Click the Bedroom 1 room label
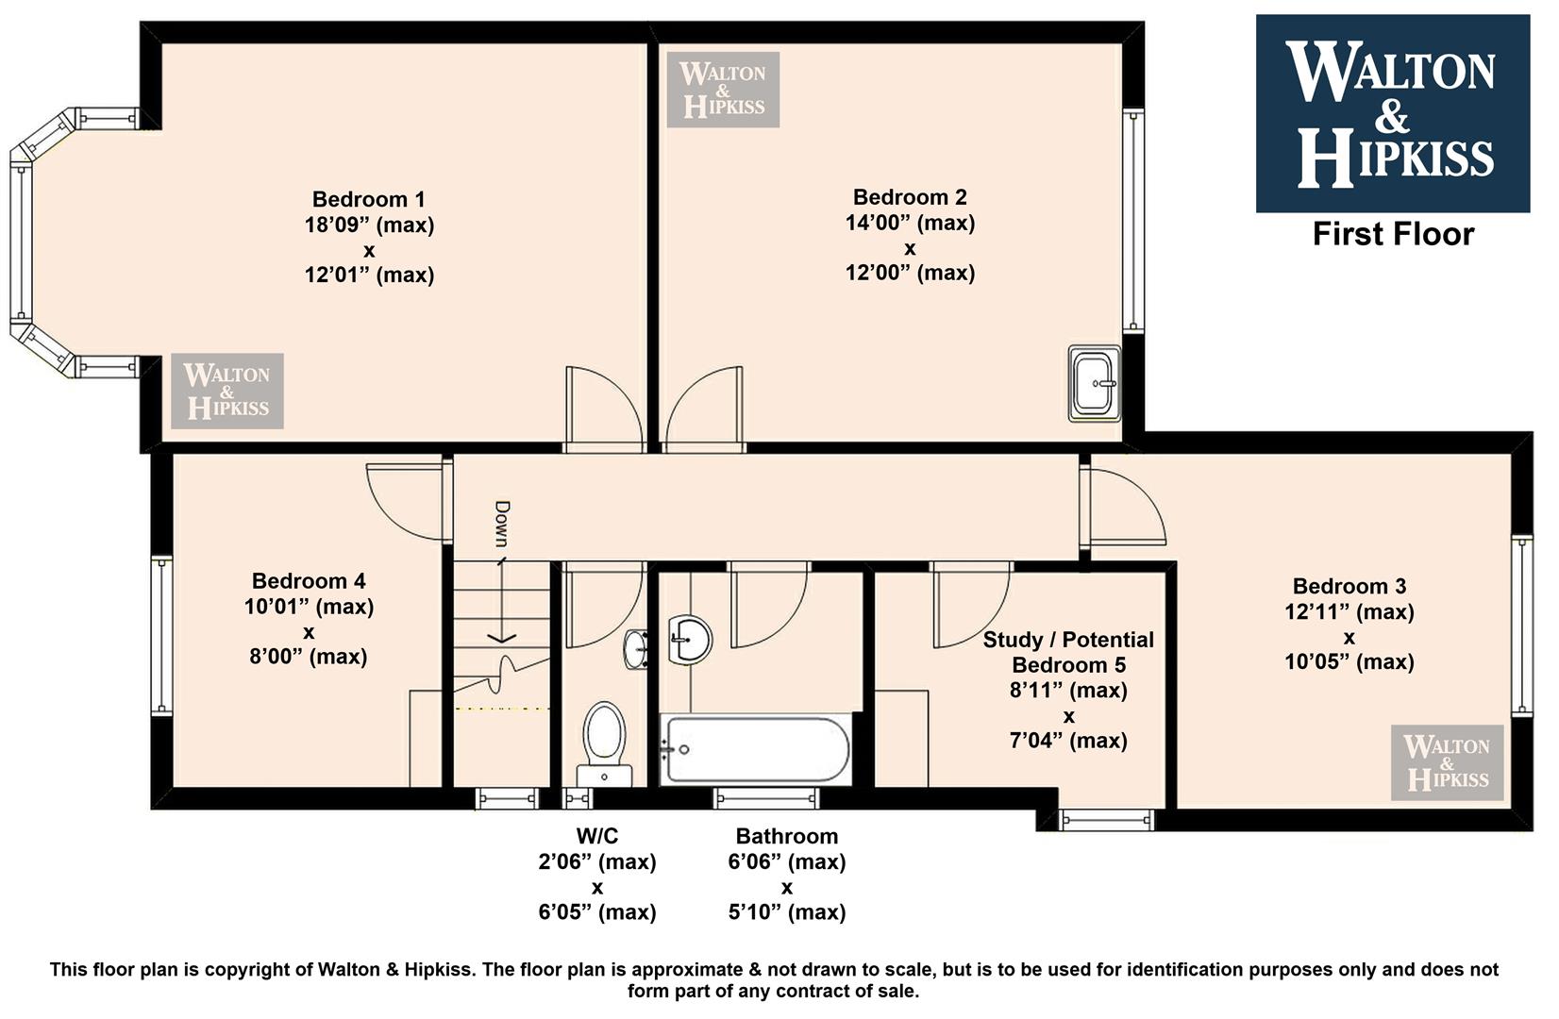point(368,200)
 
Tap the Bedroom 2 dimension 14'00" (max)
point(910,224)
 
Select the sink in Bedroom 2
point(1095,383)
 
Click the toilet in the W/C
point(604,743)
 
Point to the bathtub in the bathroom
point(757,750)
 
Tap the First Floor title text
point(1393,235)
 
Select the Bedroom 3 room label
point(1349,587)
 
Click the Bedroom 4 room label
point(309,581)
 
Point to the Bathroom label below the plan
point(786,836)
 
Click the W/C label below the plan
point(597,836)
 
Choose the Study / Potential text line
point(1068,640)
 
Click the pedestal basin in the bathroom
point(691,639)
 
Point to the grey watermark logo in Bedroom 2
point(723,90)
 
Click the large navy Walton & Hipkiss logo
point(1393,113)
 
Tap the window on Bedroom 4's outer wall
point(161,636)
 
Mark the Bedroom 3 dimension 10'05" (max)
point(1349,662)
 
